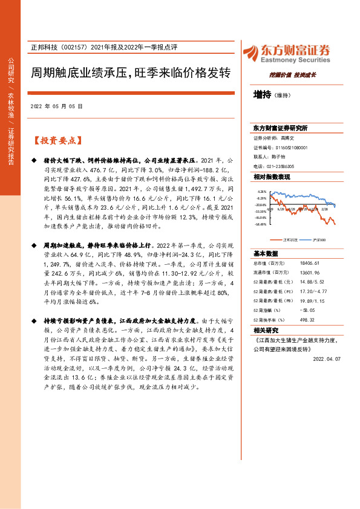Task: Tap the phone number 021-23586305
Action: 281,166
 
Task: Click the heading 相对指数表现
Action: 272,177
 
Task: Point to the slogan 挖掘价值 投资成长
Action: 293,75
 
